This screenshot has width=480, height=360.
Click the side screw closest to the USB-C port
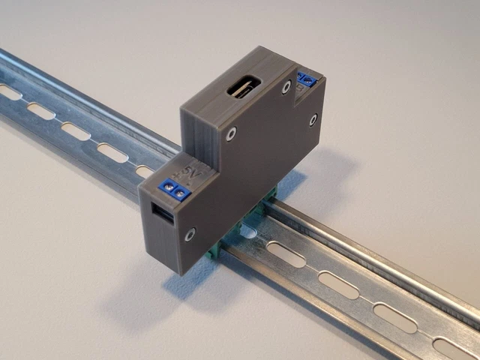287,88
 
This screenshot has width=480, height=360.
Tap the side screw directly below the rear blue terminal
313,119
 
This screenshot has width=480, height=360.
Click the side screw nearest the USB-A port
193,234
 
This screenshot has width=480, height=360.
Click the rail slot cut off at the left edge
9,92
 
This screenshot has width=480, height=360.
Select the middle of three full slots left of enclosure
75,131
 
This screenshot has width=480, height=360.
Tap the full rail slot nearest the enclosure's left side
111,152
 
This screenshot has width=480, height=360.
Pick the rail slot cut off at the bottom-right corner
450,349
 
